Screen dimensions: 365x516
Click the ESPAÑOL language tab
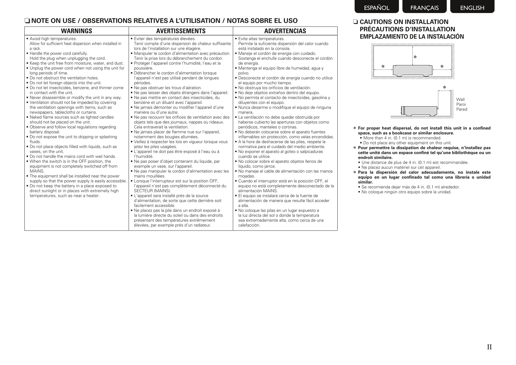click(376, 8)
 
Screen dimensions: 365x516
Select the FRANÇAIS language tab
click(424, 8)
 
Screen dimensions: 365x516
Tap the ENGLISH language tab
click(472, 8)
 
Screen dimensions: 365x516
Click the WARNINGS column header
click(77, 31)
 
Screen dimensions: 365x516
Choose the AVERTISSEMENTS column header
click(181, 31)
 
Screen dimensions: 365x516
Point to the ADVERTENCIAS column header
click(285, 31)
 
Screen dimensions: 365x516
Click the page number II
click(489, 347)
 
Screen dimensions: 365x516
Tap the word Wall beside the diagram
click(460, 99)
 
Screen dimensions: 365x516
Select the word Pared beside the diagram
click(462, 109)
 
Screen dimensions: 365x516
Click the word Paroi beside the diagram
click(461, 104)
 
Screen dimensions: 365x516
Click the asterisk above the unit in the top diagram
click(415, 57)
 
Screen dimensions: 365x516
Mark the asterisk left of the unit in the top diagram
click(383, 67)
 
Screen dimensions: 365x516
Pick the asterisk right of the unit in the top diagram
click(442, 67)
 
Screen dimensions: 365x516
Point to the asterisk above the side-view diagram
click(444, 87)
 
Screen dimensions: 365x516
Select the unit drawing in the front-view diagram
click(412, 71)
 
